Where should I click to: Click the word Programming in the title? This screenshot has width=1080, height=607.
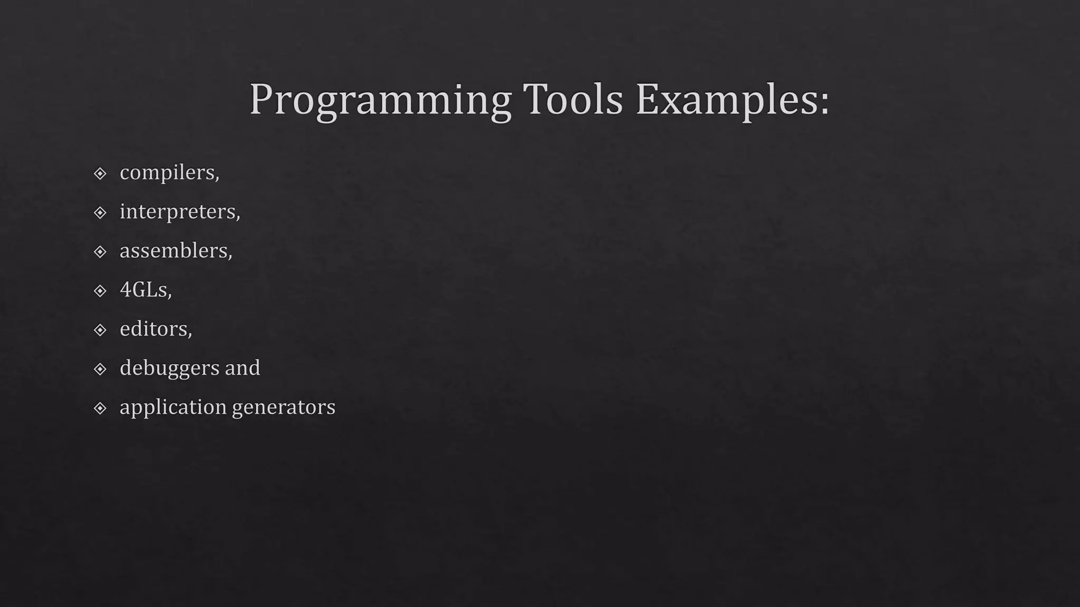[x=380, y=100]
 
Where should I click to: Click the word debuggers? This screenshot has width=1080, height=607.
[x=169, y=368]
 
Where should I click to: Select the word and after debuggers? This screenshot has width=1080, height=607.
[x=243, y=368]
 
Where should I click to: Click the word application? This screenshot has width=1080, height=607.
[x=172, y=407]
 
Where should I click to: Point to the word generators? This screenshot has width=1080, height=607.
[x=283, y=407]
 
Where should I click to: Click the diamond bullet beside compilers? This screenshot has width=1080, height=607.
[x=100, y=173]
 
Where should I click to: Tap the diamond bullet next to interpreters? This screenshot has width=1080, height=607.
[x=100, y=212]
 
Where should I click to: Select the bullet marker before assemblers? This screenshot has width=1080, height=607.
[x=100, y=251]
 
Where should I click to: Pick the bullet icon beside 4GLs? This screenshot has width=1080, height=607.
[x=100, y=290]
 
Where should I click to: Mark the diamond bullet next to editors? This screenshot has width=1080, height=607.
[x=100, y=330]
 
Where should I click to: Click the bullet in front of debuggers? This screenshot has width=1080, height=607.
[x=100, y=369]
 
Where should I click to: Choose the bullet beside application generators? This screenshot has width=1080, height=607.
[x=100, y=408]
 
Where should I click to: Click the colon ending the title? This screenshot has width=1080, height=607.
[x=824, y=103]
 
